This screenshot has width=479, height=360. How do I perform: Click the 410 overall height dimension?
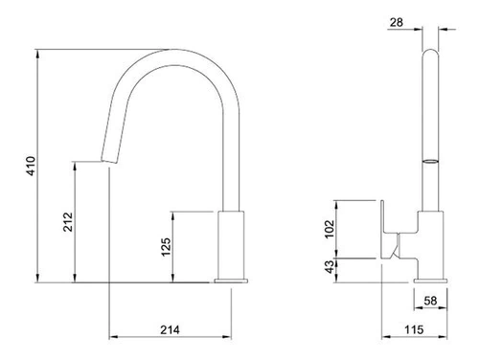31,166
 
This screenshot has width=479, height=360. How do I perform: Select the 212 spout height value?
68,222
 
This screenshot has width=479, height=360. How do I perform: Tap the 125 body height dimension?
166,247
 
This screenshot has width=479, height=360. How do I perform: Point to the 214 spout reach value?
170,329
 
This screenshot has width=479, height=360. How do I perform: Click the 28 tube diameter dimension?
397,22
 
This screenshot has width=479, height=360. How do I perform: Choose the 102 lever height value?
330,229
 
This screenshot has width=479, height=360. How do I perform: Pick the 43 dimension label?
330,267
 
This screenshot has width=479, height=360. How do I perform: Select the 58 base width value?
430,301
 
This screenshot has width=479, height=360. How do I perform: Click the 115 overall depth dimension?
414,329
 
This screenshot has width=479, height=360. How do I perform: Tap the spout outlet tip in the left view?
108,161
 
